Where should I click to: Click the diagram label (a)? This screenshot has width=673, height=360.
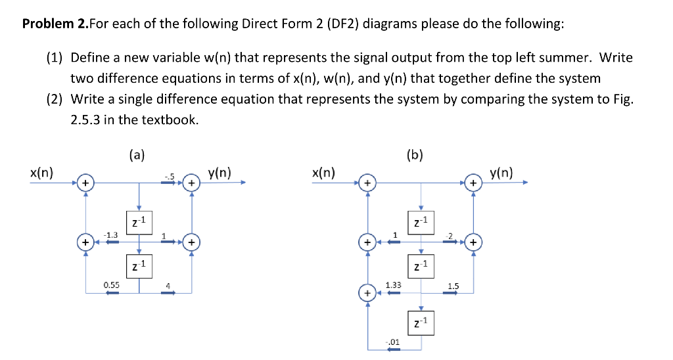click(137, 156)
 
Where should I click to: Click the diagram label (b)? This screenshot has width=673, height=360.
click(415, 156)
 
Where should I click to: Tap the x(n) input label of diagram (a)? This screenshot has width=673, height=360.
click(42, 173)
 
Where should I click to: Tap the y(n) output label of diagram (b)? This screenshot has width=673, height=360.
click(503, 173)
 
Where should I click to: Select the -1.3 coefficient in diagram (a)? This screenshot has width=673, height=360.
click(112, 235)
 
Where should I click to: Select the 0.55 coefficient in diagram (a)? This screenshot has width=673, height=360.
click(111, 285)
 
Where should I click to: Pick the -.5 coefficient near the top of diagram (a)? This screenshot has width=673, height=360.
click(170, 175)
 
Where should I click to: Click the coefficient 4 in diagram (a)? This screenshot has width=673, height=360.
click(168, 285)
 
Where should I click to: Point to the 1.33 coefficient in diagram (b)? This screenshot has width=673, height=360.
click(393, 285)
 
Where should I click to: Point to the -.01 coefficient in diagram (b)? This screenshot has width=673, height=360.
click(392, 342)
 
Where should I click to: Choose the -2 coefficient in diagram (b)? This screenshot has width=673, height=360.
click(449, 235)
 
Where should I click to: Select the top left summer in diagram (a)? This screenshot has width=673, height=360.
click(85, 182)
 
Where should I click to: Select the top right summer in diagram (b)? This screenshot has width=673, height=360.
click(473, 182)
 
